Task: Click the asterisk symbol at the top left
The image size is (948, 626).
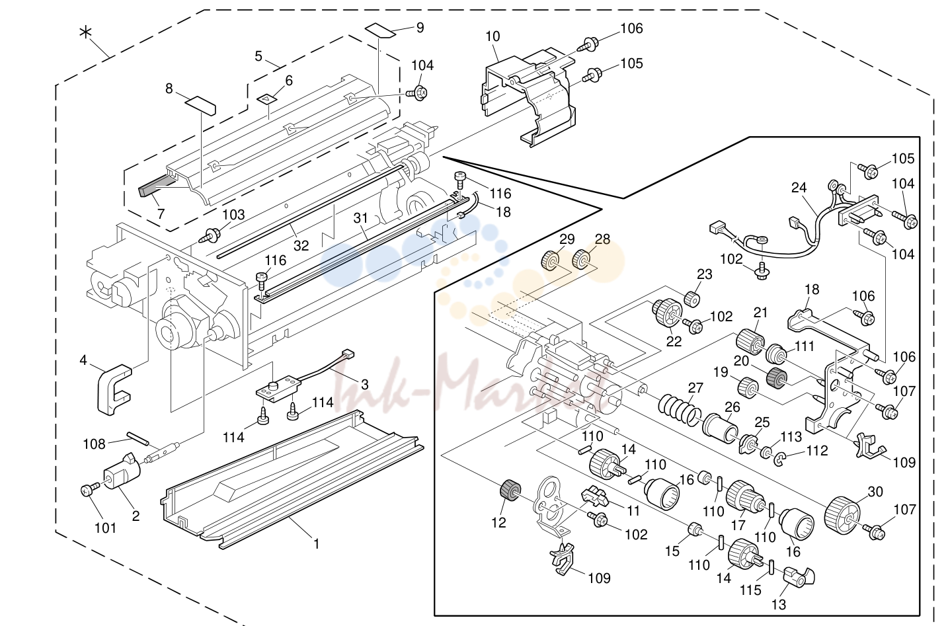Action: (x=86, y=32)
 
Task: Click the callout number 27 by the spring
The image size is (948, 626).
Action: (x=695, y=388)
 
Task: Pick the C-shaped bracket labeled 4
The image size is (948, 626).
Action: (x=114, y=389)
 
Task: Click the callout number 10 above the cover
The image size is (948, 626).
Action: (x=493, y=36)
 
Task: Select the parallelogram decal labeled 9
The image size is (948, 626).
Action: (x=381, y=31)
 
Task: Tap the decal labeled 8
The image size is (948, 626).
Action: (x=201, y=106)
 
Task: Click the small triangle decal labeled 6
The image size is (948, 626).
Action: (x=266, y=98)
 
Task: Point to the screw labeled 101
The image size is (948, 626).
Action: (x=89, y=490)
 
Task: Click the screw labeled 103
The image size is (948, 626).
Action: (x=212, y=235)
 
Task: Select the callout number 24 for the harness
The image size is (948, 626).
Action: (x=799, y=188)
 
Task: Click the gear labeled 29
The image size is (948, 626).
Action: (x=551, y=260)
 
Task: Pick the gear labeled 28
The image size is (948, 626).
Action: (x=582, y=259)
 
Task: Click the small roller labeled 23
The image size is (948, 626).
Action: (x=692, y=298)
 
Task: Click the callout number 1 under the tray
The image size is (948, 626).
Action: (x=316, y=543)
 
